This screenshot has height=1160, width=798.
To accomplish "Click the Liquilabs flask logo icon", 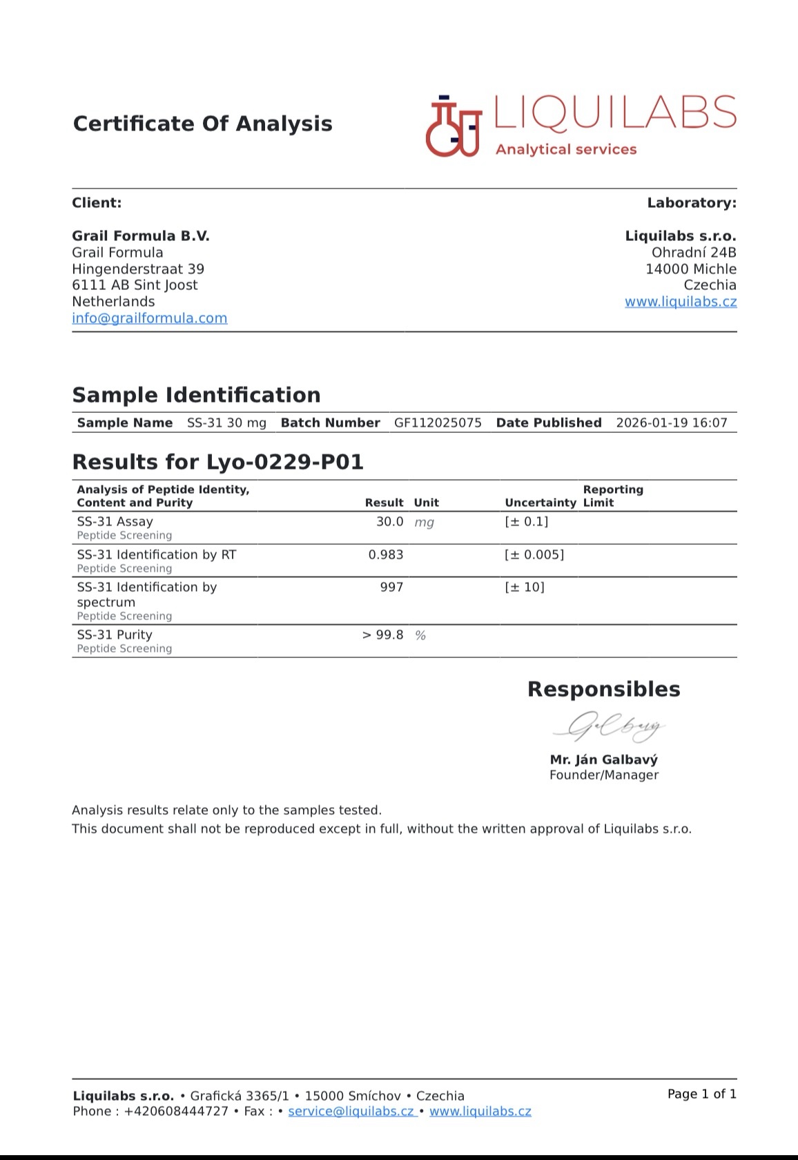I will (453, 126).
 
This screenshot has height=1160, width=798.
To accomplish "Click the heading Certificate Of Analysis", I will (202, 124).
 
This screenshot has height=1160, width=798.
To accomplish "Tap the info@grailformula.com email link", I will (150, 318).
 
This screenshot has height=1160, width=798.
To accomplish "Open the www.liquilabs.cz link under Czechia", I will (681, 302).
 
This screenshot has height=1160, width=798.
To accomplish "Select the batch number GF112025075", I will (438, 423).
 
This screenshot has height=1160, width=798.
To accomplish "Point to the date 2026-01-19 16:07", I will (671, 423).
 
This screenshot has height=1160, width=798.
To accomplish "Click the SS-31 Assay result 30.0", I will (389, 522).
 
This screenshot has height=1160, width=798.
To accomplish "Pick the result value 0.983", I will (386, 554).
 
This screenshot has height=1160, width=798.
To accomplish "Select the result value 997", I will (391, 587).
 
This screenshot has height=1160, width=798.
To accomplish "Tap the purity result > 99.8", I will (382, 635).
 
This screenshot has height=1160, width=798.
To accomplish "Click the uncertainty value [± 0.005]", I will (534, 554).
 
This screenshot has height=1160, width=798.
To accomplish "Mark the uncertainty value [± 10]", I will (525, 587).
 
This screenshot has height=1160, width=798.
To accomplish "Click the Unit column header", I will (426, 503).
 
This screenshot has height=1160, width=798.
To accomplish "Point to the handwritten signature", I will (608, 726).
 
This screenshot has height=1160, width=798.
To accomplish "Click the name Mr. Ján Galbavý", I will (604, 760).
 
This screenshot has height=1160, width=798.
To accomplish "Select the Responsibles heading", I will (603, 689).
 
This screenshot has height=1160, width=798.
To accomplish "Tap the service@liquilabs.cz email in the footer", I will (351, 1111).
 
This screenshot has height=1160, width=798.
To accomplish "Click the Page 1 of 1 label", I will (701, 1094).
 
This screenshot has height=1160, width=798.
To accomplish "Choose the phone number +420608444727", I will (176, 1111).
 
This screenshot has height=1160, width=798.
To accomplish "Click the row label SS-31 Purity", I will (115, 635).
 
